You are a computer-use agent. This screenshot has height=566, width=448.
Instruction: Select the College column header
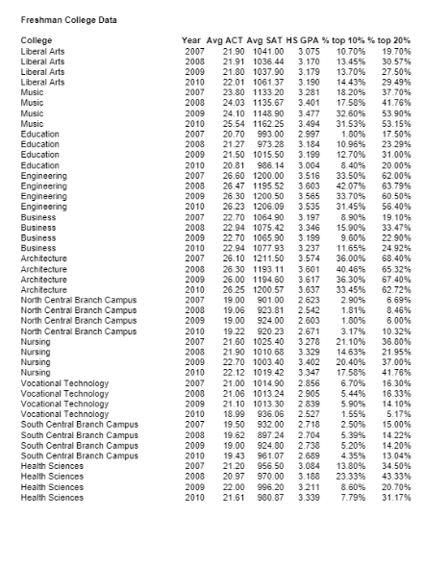click(37, 39)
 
